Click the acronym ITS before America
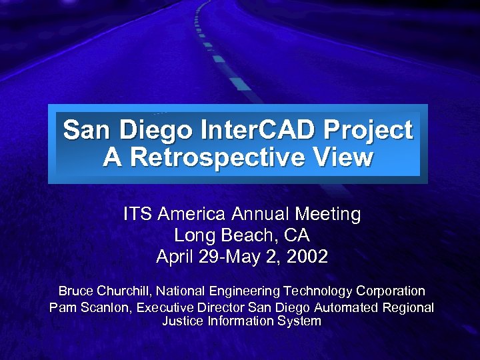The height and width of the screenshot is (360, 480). [138, 214]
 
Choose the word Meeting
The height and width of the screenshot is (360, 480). [327, 215]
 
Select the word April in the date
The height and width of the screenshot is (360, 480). [175, 257]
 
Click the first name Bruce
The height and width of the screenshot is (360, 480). [75, 291]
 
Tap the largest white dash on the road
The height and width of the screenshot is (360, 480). [240, 84]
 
